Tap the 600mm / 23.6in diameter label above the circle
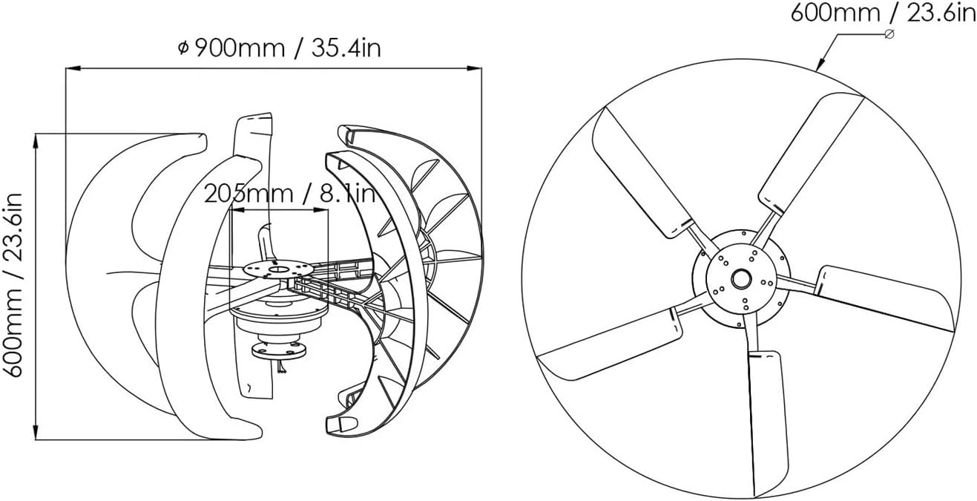(x=883, y=13)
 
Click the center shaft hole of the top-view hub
(x=740, y=279)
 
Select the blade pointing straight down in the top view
(x=767, y=423)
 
